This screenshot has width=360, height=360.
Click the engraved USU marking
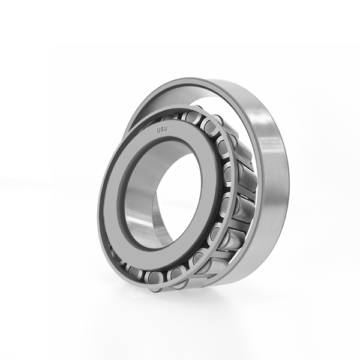(162, 130)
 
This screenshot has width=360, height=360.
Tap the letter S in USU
(162, 130)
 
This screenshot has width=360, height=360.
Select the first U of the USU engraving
(158, 130)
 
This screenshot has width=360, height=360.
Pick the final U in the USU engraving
(166, 129)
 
